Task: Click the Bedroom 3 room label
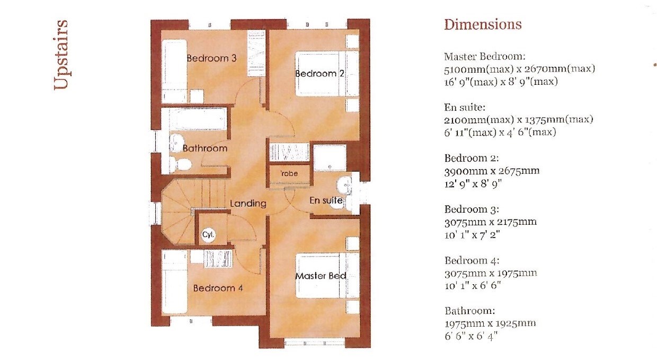click(211, 58)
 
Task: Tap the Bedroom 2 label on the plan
click(319, 73)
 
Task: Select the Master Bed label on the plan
click(321, 276)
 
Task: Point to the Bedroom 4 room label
click(218, 288)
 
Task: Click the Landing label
click(248, 204)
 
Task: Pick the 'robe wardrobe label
click(289, 174)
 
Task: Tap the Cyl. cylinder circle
click(209, 235)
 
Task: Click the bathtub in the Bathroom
click(198, 119)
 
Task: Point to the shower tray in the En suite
click(330, 158)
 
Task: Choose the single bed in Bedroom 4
click(174, 282)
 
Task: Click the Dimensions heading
click(483, 24)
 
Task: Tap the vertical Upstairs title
click(61, 55)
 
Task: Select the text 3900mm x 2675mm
click(492, 171)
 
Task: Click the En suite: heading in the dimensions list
click(465, 108)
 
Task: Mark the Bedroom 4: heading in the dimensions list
click(472, 260)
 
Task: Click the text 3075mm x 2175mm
click(491, 222)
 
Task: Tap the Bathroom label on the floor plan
click(205, 148)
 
